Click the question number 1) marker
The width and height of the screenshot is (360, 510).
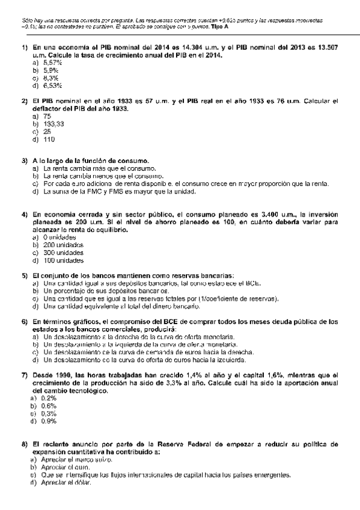point(24,47)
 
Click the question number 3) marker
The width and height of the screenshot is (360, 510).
point(24,161)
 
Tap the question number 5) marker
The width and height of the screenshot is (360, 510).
point(24,275)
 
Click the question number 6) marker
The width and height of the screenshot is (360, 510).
point(24,322)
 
